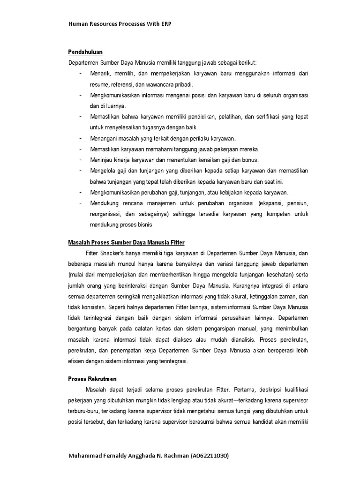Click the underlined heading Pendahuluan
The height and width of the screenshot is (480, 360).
point(85,52)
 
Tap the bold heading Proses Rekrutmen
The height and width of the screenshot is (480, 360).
point(92,378)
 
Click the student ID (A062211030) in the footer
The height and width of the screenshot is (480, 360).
point(210,456)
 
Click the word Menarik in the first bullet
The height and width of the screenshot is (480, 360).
point(100,74)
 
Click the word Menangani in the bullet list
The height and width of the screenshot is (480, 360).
point(103,139)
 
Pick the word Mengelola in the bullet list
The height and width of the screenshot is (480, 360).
point(103,171)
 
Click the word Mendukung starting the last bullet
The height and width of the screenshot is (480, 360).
point(104,203)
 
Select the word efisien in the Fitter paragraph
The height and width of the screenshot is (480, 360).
point(76,361)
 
